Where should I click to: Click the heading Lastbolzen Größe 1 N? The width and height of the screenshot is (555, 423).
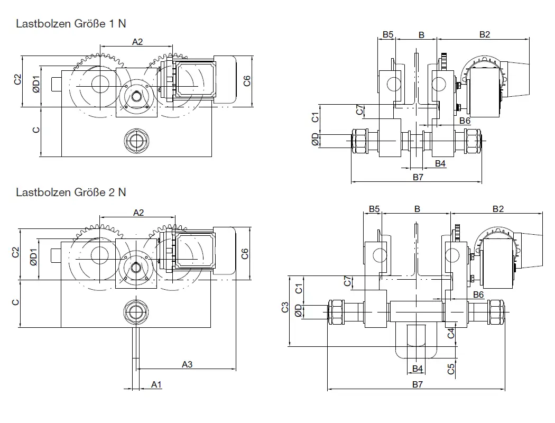[x=71, y=24]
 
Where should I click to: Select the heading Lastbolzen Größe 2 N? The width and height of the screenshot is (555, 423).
[x=71, y=192]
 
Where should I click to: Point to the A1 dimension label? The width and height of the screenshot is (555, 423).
[x=156, y=384]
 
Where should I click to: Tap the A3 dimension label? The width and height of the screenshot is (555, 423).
[x=187, y=364]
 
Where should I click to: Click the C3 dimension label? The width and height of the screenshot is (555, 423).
[x=285, y=307]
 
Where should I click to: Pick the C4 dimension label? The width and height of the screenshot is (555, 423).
[x=451, y=333]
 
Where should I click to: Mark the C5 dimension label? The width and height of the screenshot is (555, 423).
[x=451, y=369]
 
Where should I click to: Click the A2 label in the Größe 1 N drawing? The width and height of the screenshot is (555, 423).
[x=137, y=42]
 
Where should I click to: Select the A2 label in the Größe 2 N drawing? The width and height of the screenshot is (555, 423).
[x=138, y=213]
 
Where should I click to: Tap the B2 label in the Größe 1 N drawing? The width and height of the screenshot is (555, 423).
[x=485, y=35]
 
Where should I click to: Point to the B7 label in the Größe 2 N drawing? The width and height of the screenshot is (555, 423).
[x=418, y=384]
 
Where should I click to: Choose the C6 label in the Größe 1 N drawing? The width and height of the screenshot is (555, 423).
[x=246, y=81]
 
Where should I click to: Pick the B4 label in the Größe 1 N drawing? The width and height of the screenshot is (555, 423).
[x=440, y=163]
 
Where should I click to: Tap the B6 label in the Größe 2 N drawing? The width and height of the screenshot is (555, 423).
[x=479, y=294]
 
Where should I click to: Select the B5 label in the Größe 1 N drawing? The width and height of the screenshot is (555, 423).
[x=388, y=35]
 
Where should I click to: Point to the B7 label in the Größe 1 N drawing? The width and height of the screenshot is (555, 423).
[x=418, y=177]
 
